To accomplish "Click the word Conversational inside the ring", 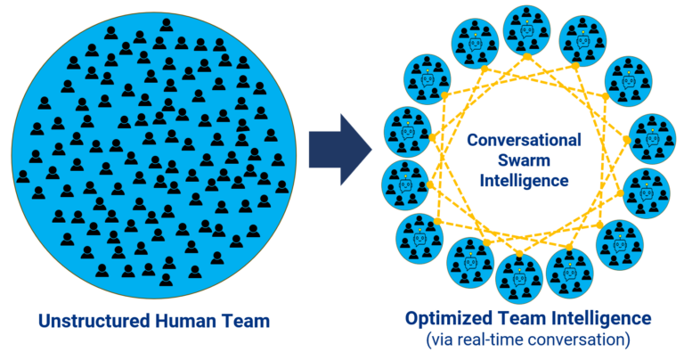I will tap(525, 140).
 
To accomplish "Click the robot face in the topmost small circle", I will tap(526, 30).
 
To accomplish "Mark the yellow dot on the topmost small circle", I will tap(526, 56).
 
